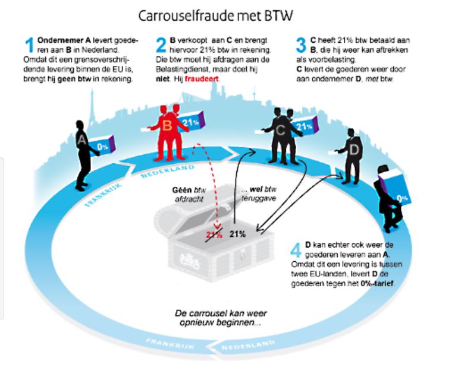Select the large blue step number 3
[x=301, y=45]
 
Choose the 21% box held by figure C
[x=303, y=126]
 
